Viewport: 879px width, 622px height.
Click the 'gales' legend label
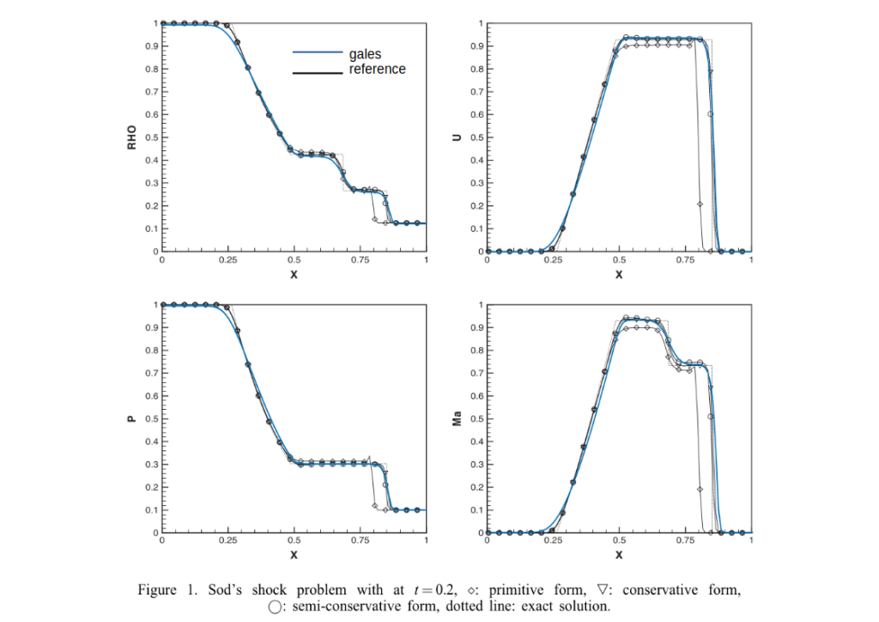(x=365, y=54)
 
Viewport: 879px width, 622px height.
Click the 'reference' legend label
(x=377, y=69)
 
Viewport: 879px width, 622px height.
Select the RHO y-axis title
(x=132, y=137)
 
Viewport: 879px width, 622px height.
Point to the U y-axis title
(x=457, y=137)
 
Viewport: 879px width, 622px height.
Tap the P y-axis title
(x=132, y=419)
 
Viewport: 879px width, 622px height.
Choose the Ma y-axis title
(x=457, y=419)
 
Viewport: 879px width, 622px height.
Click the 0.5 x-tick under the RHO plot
(x=294, y=259)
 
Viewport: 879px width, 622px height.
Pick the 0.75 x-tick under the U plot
(x=684, y=259)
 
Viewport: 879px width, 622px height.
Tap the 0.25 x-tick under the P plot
(x=228, y=541)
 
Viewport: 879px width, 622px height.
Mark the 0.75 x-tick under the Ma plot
(x=684, y=541)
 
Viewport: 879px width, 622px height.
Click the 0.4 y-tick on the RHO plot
(x=151, y=161)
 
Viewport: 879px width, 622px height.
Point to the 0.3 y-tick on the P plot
(x=151, y=465)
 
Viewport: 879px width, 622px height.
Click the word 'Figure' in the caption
(x=158, y=590)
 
